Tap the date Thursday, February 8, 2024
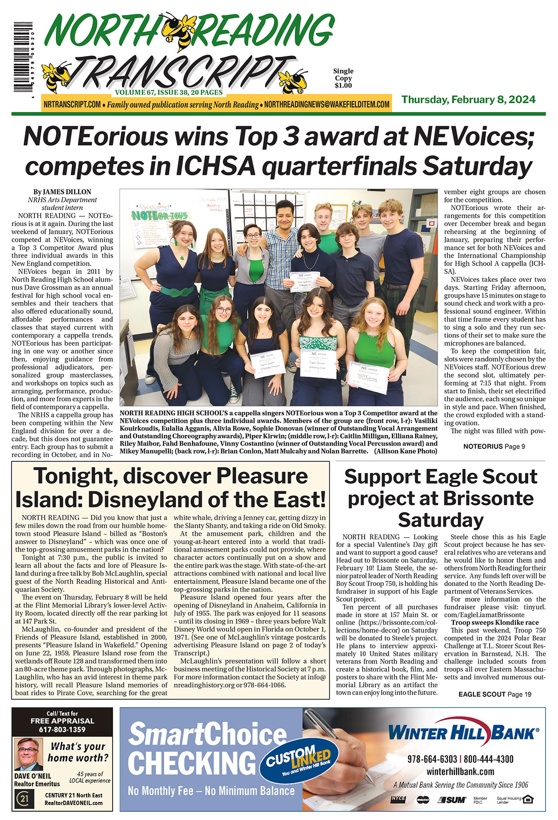pos(468,100)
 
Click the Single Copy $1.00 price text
pos(343,78)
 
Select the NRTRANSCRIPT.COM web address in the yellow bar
pos(72,105)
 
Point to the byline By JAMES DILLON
pos(62,192)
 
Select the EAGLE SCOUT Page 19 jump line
pos(495,694)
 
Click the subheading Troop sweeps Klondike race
pos(495,622)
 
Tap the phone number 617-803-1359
pos(62,729)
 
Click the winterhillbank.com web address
pos(460,771)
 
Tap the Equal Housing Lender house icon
pos(527,800)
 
